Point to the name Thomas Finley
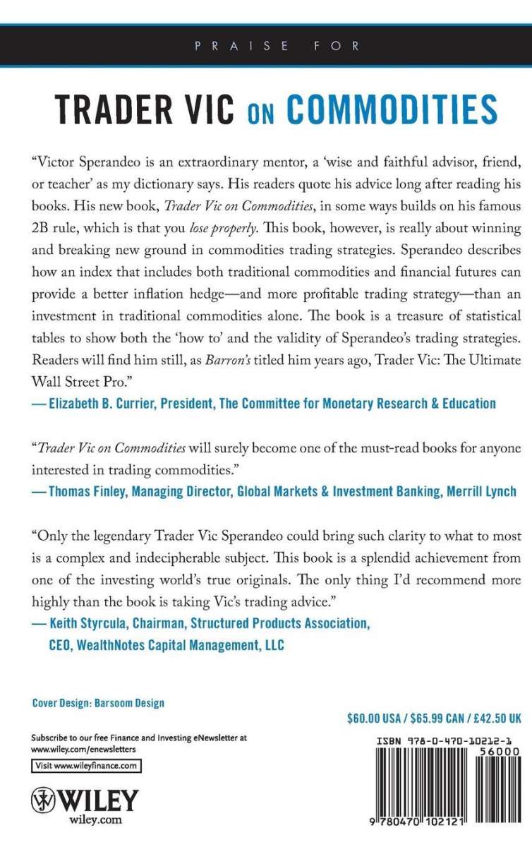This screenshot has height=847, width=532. coord(88,491)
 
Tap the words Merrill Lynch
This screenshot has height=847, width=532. coord(481,491)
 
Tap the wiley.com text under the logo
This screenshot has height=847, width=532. coord(96,821)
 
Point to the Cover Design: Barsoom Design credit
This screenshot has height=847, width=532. coord(98,703)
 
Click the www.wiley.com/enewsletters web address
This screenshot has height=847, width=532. coord(83,749)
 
